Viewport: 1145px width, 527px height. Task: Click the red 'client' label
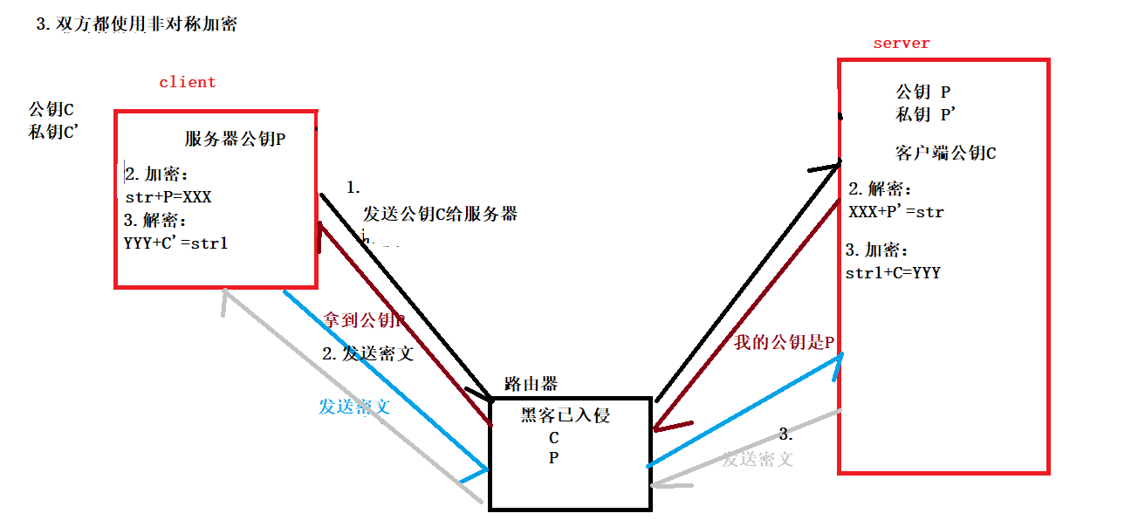click(187, 82)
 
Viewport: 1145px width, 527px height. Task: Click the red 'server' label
click(902, 43)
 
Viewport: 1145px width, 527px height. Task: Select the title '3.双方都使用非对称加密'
click(136, 24)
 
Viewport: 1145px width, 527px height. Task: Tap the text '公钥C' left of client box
click(51, 110)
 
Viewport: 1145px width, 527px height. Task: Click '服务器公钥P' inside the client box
click(235, 139)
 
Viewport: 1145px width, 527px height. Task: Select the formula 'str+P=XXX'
click(168, 196)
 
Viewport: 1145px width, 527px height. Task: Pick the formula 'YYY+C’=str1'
click(176, 243)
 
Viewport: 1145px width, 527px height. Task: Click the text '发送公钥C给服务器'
click(441, 214)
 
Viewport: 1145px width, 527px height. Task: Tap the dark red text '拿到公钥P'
click(365, 320)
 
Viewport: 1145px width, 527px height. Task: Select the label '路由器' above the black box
click(531, 384)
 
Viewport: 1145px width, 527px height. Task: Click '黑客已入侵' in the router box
click(565, 415)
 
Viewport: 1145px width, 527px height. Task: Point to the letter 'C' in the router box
click(553, 438)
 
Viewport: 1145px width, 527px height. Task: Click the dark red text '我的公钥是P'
click(784, 342)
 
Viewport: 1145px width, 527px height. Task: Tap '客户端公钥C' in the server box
click(945, 154)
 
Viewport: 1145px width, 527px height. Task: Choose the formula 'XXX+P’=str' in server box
click(895, 211)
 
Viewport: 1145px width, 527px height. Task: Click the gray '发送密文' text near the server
click(758, 459)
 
